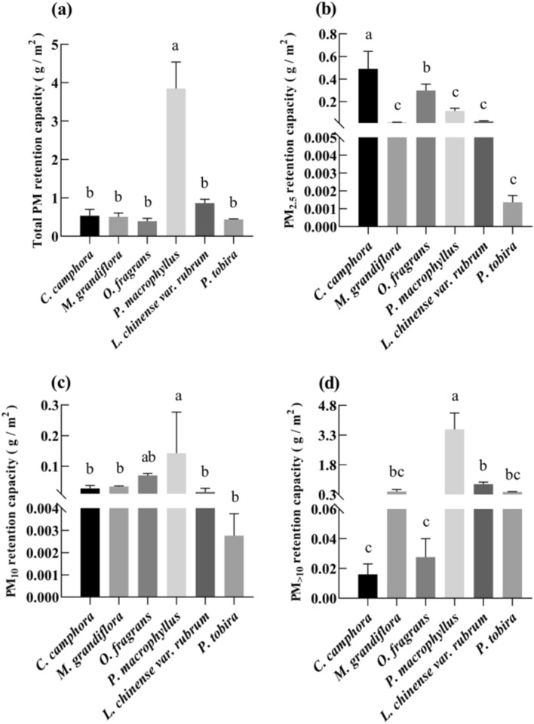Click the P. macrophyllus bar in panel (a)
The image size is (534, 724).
click(x=175, y=161)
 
